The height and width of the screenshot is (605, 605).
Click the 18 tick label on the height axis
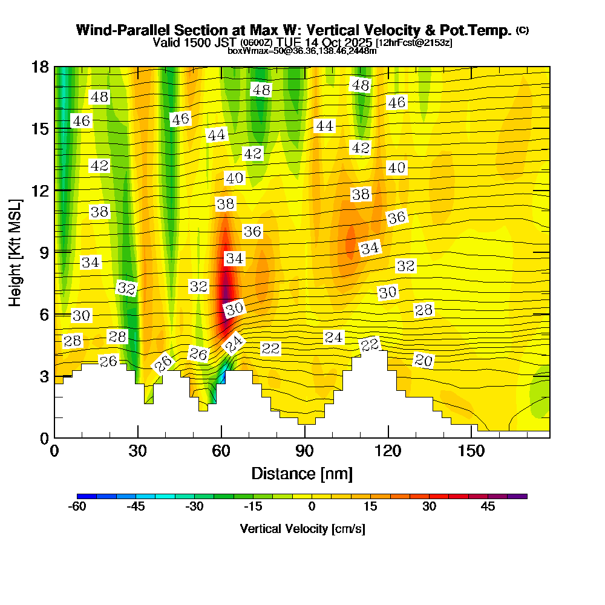40,67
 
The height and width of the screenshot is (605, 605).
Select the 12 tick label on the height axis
40,190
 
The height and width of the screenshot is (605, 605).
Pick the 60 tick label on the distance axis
221,451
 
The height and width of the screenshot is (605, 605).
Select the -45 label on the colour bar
136,506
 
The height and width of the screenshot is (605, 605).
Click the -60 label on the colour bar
77,506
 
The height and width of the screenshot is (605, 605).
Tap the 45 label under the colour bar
488,506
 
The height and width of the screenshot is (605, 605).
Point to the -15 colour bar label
253,506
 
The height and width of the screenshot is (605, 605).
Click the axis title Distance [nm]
302,473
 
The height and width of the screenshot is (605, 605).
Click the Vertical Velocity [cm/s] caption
302,529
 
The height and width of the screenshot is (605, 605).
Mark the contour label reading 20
423,361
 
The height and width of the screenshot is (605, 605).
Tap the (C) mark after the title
523,30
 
